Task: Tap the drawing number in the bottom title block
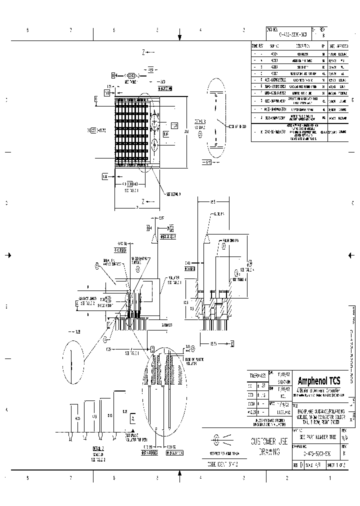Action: coord(315,453)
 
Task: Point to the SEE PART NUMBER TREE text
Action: coord(315,436)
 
